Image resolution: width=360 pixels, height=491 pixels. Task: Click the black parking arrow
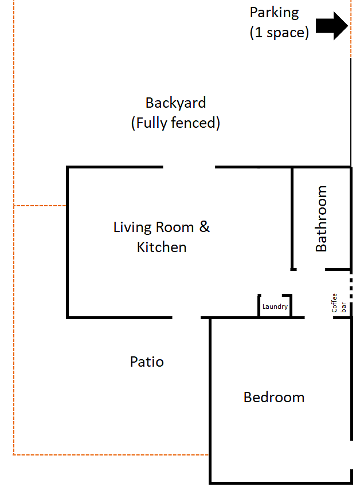332,26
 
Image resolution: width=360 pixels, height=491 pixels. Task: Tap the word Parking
274,13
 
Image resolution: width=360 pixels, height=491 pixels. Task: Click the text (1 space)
279,33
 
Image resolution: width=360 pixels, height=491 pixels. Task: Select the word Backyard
175,103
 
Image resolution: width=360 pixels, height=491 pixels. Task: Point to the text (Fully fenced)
175,123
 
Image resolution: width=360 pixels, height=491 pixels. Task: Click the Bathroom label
321,218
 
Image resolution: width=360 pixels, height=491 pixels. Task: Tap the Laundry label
275,307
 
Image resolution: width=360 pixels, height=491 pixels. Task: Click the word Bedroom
274,398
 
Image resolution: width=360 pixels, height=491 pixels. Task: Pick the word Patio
147,362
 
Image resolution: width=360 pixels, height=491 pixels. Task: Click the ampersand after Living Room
205,226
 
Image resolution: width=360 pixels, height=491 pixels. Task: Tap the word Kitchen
162,247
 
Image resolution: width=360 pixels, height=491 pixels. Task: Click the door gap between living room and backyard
189,167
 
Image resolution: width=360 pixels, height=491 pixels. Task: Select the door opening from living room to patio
186,317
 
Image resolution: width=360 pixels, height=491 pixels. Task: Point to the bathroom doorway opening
311,269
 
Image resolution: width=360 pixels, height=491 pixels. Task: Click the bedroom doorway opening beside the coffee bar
319,317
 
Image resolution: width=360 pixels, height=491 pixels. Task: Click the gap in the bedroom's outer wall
351,455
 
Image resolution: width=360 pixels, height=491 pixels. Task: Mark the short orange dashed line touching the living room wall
40,206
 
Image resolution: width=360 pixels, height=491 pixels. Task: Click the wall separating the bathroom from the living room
292,218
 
